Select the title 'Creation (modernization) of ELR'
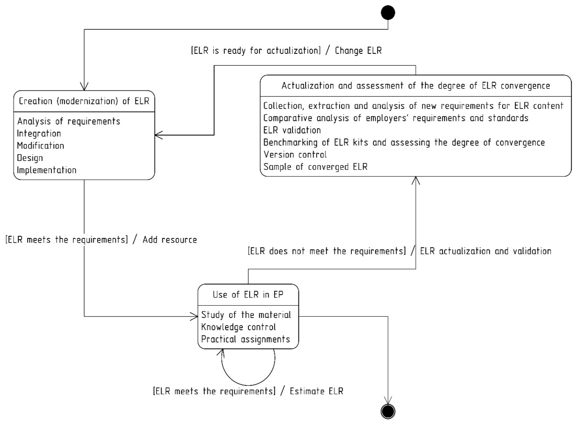pos(84,101)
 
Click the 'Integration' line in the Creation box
pos(39,133)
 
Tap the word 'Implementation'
pos(47,170)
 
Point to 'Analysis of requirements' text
pos(69,121)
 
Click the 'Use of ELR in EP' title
pos(248,294)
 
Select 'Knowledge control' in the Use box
pos(238,327)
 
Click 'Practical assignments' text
pos(245,339)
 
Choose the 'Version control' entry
pos(295,155)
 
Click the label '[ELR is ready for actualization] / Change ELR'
pos(286,50)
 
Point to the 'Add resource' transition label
pos(170,240)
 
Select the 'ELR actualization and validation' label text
pos(486,251)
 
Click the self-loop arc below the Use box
pos(248,385)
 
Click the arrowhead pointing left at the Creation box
pos(158,135)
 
